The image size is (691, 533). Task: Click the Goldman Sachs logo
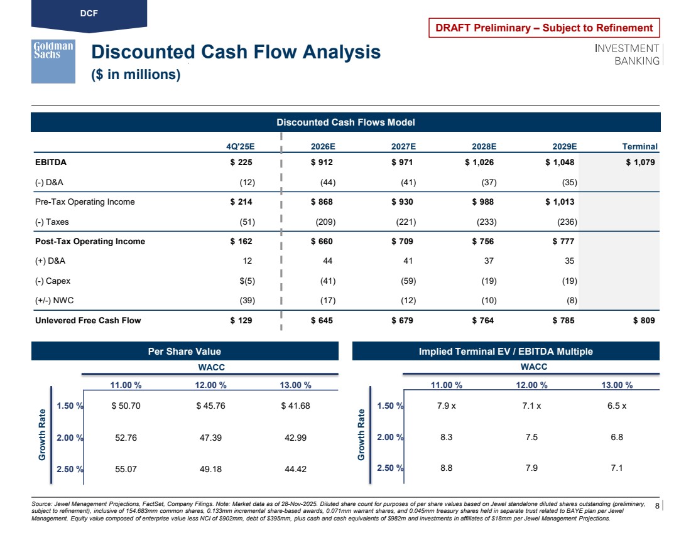[53, 61]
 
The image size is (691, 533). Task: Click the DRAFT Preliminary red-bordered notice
[544, 28]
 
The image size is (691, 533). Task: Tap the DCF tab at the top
[89, 13]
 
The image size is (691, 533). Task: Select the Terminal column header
[639, 146]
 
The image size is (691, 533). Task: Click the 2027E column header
[403, 146]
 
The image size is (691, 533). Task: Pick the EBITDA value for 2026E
[322, 162]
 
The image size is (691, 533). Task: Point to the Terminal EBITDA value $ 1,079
[640, 162]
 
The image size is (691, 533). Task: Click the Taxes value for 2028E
[484, 222]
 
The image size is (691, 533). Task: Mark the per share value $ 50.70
[126, 406]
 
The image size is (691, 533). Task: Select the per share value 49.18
[210, 468]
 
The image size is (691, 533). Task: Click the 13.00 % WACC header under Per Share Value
[295, 385]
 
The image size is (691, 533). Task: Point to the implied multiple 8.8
[447, 468]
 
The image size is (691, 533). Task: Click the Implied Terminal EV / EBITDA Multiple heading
[506, 352]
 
